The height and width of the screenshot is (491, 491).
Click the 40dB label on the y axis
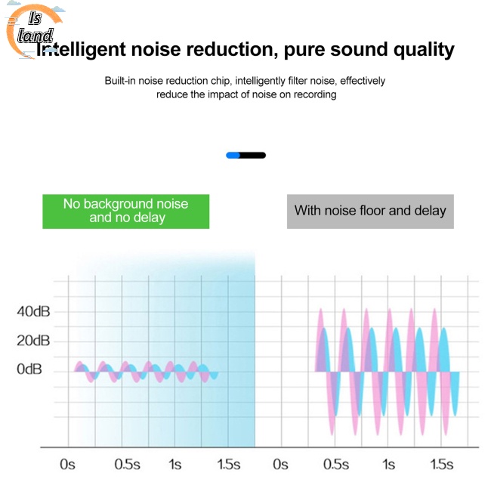point(33,311)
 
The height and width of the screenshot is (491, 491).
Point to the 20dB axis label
point(33,341)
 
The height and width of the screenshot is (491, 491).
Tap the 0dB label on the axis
point(30,369)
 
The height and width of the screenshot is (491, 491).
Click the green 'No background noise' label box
point(125,211)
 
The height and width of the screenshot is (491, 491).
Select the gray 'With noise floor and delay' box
point(370,211)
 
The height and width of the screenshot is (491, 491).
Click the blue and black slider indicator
point(246,155)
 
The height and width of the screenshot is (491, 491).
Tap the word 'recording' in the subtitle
point(313,94)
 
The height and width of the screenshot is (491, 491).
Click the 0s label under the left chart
point(69,464)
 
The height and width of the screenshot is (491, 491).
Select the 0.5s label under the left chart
point(127,464)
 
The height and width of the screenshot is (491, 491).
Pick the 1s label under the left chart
point(174,464)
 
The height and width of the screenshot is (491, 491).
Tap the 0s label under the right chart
point(281,464)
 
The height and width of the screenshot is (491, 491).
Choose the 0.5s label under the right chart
point(336,464)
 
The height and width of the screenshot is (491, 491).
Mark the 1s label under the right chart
point(388,464)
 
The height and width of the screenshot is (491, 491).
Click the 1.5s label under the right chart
point(442,464)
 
